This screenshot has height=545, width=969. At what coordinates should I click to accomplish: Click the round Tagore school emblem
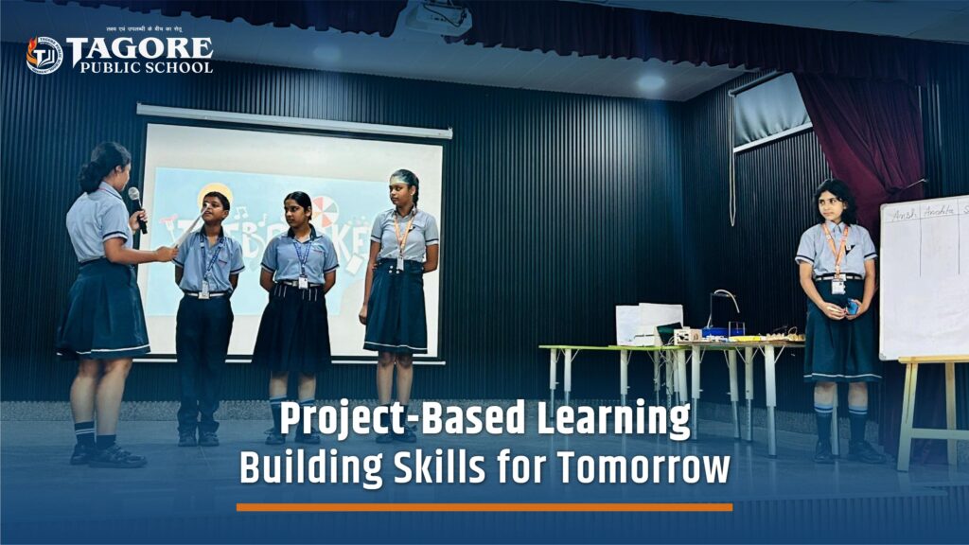coord(44,55)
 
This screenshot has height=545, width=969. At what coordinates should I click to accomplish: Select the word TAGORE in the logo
coord(140,49)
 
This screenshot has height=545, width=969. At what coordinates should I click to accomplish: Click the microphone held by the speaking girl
coord(137,207)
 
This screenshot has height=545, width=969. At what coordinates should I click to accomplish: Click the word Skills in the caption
coord(449,467)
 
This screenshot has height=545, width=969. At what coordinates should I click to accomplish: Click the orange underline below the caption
coord(484,507)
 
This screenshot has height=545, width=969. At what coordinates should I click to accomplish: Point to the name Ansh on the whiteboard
coord(904,214)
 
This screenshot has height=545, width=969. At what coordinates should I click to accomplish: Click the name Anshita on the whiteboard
coord(943,211)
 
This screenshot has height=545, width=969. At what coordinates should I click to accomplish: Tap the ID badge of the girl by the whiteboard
coord(838,286)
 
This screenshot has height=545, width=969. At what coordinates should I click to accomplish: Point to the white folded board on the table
coord(648,325)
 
